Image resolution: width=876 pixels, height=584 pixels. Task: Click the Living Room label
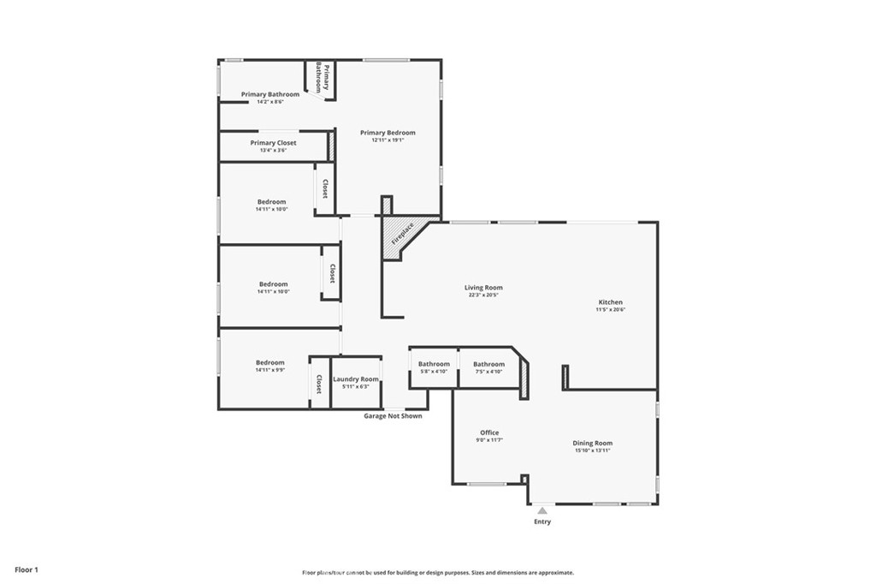tap(483, 288)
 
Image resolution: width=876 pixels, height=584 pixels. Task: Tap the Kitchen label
tap(610, 302)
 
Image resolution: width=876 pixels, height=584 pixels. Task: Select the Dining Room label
tap(592, 443)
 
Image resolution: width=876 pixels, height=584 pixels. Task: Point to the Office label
tap(489, 432)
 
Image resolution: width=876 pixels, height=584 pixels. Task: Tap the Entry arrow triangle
tap(542, 510)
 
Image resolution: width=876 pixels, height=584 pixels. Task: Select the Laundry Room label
tap(355, 378)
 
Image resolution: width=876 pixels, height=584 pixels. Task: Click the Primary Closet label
tap(273, 143)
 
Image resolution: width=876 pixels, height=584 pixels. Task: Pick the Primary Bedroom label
tap(388, 133)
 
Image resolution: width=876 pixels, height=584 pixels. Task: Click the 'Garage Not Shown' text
tap(393, 416)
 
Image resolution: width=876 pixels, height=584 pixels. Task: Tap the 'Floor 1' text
tap(26, 569)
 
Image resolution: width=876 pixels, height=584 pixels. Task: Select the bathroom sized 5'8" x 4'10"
tap(434, 364)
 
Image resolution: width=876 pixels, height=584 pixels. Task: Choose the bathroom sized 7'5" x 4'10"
tap(488, 364)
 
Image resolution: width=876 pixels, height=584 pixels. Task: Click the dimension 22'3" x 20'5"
tap(483, 295)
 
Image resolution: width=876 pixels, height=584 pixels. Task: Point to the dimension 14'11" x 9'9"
tap(270, 370)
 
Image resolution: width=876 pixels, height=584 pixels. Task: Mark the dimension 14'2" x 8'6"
tap(269, 102)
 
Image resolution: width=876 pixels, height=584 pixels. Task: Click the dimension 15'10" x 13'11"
tap(592, 450)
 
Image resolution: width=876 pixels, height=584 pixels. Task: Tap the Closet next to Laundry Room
tap(319, 383)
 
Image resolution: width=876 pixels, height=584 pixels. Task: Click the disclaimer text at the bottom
tap(437, 573)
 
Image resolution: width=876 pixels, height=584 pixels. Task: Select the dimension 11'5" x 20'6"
tap(610, 310)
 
